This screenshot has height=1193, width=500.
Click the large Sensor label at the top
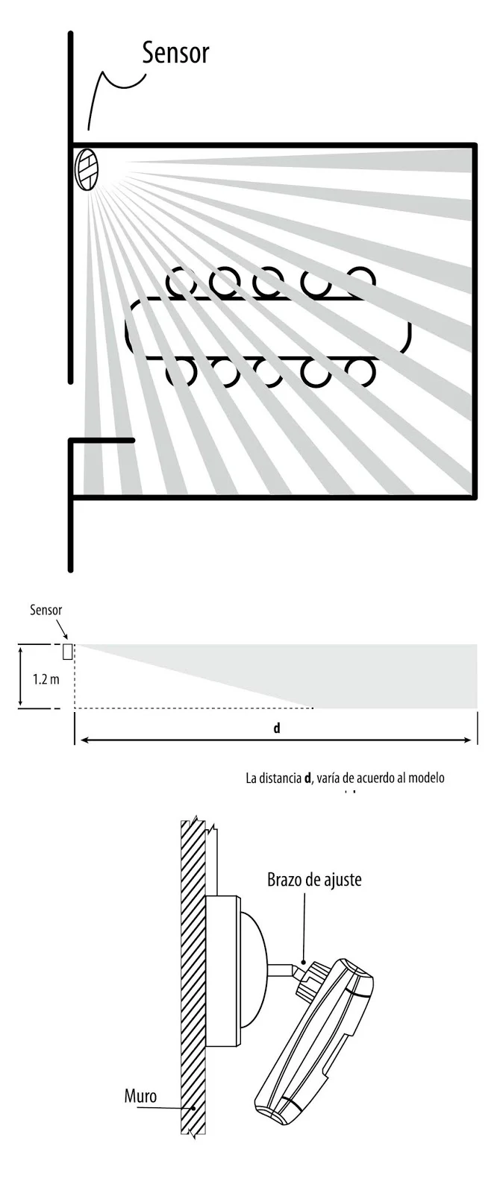tap(175, 53)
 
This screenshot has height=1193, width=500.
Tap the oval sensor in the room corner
tap(87, 169)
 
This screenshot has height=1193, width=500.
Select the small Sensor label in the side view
tap(46, 610)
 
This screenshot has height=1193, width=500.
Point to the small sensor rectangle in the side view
tap(68, 651)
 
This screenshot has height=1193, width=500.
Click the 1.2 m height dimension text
tap(46, 680)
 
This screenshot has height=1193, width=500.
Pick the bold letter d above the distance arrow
tap(276, 728)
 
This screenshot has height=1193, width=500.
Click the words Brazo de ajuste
tap(314, 880)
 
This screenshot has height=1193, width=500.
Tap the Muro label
tap(140, 1096)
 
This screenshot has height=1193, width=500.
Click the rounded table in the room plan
tap(269, 327)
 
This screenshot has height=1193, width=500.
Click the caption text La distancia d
tap(280, 778)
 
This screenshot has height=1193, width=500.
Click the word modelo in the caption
tap(425, 778)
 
